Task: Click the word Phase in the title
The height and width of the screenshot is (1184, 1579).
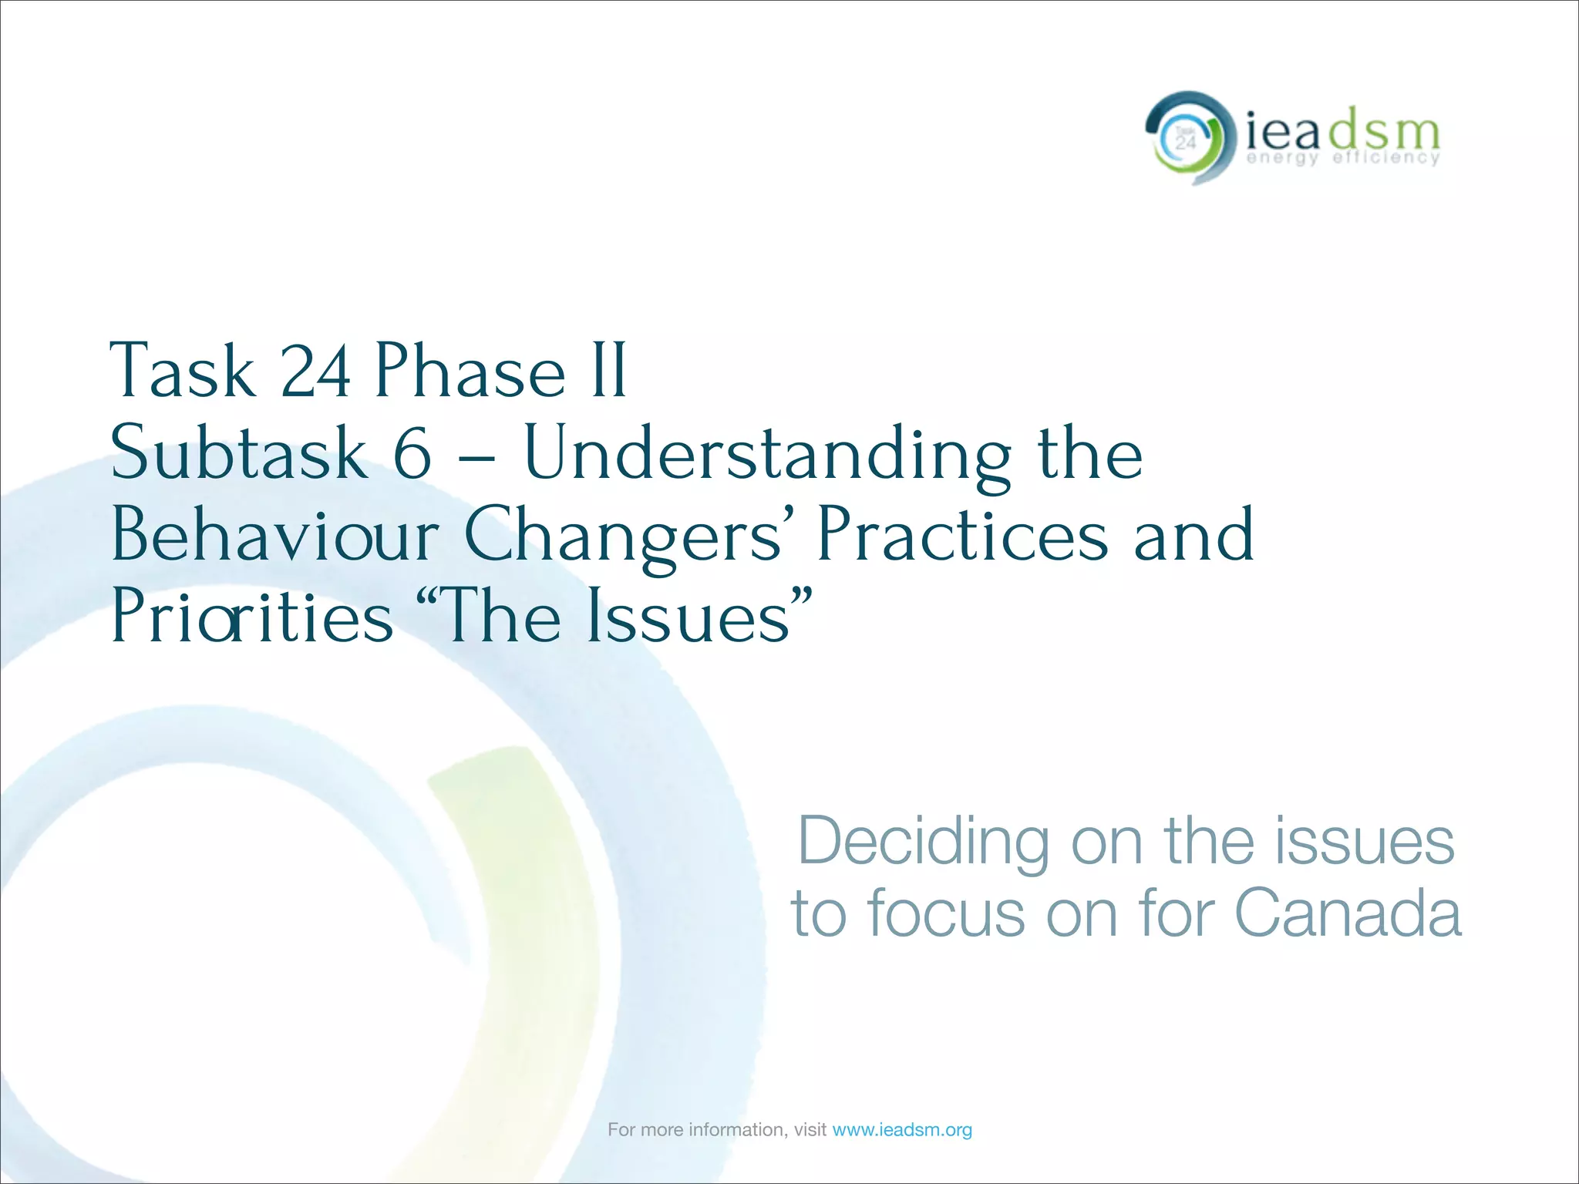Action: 470,372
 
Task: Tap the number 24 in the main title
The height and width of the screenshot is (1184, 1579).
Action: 316,372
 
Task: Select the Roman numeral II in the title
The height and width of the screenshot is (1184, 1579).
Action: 609,372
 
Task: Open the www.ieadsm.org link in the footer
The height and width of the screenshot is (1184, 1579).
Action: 902,1130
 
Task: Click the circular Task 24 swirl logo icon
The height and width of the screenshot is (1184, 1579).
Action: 1185,139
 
